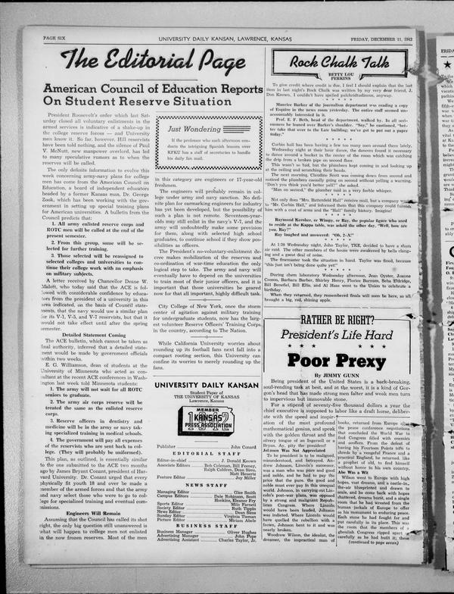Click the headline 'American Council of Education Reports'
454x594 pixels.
click(x=152, y=89)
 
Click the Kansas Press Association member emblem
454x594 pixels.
click(x=205, y=420)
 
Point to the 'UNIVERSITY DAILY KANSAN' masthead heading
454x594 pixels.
click(x=206, y=385)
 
